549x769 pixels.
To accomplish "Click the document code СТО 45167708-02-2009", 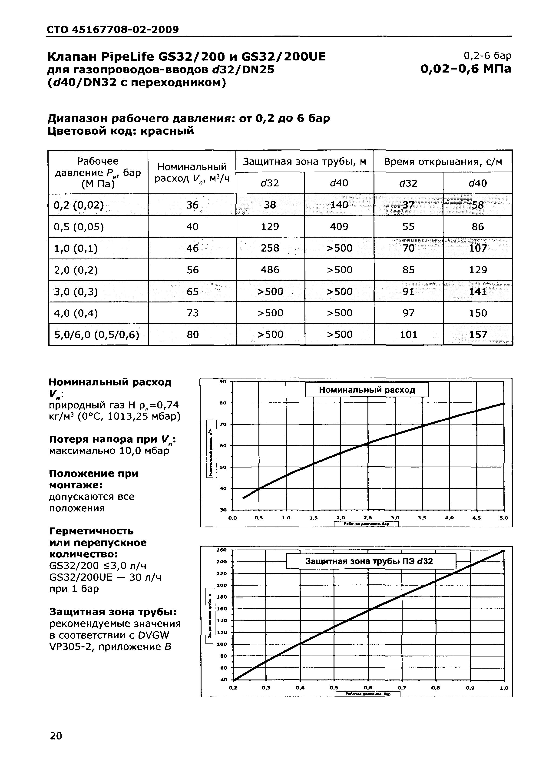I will click(112, 30).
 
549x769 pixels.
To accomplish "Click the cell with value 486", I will click(270, 270).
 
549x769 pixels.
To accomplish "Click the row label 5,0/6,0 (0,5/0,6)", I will click(97, 335).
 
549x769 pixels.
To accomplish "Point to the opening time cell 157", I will click(478, 335).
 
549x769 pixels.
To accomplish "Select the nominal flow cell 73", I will click(192, 313).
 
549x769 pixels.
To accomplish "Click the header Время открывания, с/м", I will click(443, 162).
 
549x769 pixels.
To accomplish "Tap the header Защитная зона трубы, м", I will click(304, 162).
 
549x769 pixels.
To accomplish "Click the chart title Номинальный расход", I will click(367, 390).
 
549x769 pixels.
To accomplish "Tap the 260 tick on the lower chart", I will click(222, 550).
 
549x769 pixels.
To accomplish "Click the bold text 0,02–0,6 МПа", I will click(466, 69).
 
